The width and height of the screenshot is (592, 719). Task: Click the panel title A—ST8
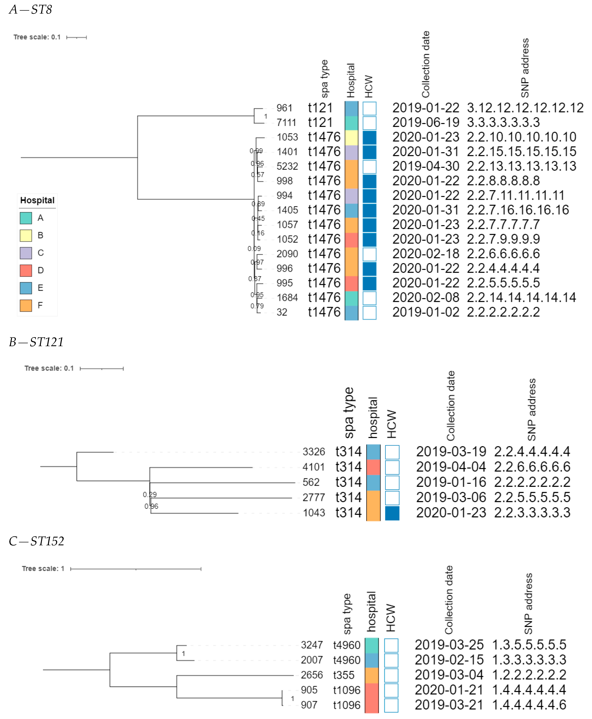click(x=31, y=9)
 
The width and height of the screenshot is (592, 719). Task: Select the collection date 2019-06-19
click(x=426, y=122)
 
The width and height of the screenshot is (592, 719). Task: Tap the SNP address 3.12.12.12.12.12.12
click(x=525, y=108)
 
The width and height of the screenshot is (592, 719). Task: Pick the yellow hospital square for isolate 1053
click(x=351, y=137)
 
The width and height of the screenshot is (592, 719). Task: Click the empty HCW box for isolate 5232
click(x=369, y=167)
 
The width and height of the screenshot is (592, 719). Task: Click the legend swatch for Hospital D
click(x=26, y=271)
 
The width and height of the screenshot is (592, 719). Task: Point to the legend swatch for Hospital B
click(x=26, y=235)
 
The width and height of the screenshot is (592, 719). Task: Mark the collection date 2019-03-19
click(x=451, y=452)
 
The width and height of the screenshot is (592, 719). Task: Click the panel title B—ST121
click(x=36, y=342)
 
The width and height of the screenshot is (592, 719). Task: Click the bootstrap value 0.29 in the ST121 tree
click(x=150, y=494)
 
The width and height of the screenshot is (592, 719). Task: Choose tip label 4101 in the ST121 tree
click(x=313, y=467)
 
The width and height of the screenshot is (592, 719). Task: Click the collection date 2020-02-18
click(x=426, y=254)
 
